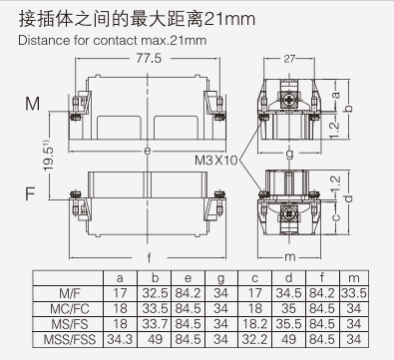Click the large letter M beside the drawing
[32, 104]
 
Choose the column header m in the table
[352, 278]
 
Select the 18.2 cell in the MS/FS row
[254, 323]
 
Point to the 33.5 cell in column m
[352, 293]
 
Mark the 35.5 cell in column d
[287, 323]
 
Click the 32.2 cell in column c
[254, 338]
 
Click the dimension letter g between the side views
[289, 153]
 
